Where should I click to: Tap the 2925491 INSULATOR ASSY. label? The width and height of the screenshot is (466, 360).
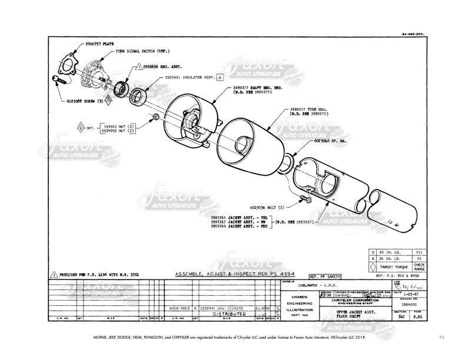(x=190, y=77)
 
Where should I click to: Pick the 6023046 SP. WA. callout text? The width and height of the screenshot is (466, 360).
(x=329, y=142)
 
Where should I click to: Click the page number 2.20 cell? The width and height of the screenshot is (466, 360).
(x=418, y=316)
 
